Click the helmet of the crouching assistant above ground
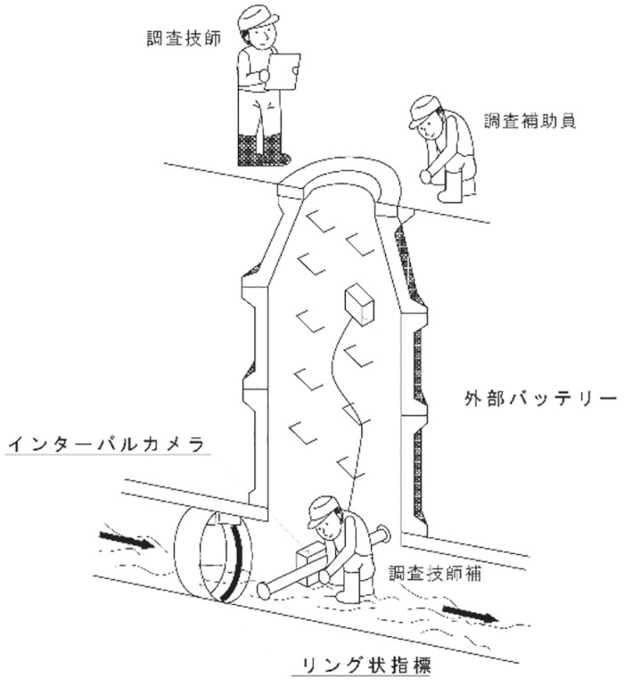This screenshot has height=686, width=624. click(x=424, y=110)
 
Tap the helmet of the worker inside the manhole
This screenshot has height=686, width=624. click(x=323, y=511)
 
